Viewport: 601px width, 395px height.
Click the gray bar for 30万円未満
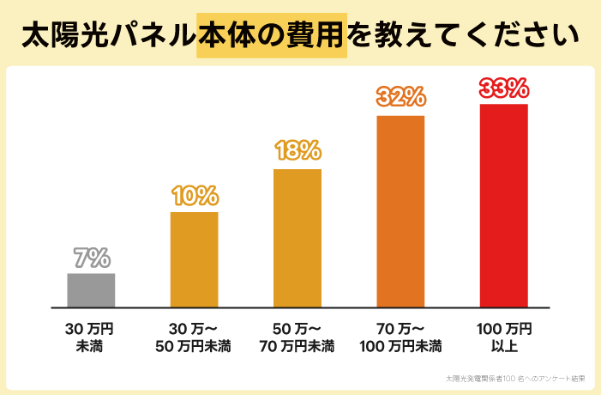[91, 290]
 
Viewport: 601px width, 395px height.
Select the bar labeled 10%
[195, 259]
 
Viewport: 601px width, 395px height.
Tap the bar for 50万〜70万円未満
[297, 238]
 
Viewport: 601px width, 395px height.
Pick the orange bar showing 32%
[400, 211]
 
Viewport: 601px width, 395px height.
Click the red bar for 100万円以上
[503, 206]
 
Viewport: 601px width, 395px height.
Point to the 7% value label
[91, 258]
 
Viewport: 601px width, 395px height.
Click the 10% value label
[195, 196]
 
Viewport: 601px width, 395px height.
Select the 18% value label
[297, 151]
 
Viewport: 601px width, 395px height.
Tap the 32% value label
[400, 97]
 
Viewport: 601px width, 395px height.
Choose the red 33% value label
[503, 88]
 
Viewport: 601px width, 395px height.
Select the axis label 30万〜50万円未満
[193, 337]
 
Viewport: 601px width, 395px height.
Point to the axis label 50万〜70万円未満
[297, 337]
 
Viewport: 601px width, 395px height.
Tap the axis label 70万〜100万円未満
[400, 337]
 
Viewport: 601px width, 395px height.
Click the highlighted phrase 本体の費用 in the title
[271, 36]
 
